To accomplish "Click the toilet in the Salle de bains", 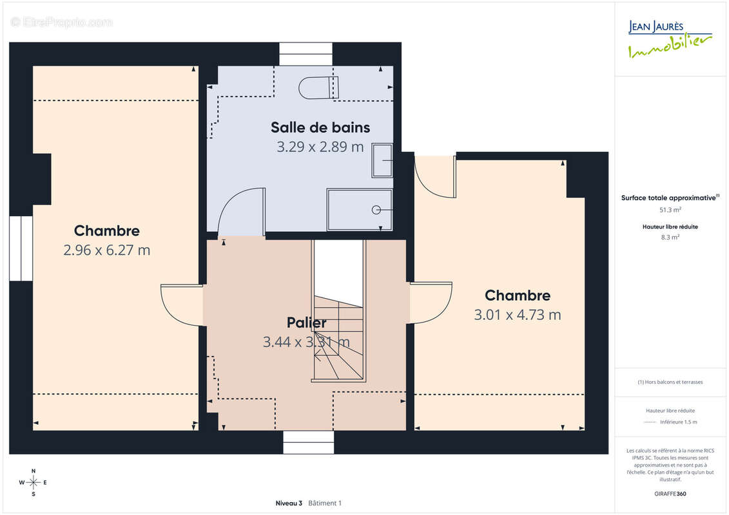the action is click(318, 88).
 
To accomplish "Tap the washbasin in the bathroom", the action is click(382, 160).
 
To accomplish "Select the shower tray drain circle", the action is click(376, 210).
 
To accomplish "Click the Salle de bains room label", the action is click(320, 127).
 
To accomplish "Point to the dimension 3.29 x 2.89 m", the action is click(320, 147).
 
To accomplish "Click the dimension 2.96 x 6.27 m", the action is click(107, 250).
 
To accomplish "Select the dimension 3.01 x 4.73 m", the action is click(518, 315).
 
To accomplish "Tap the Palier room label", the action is click(306, 323).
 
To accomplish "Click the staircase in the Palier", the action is click(338, 311).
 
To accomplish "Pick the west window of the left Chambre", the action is click(21, 248).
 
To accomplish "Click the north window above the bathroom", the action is click(306, 54).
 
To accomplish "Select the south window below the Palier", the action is click(309, 442).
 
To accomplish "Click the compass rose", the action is click(34, 483).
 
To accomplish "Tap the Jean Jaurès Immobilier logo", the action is click(670, 39).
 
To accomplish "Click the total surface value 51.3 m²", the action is click(670, 210).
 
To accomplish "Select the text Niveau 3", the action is click(289, 503).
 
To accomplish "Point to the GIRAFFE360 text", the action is click(670, 494).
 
